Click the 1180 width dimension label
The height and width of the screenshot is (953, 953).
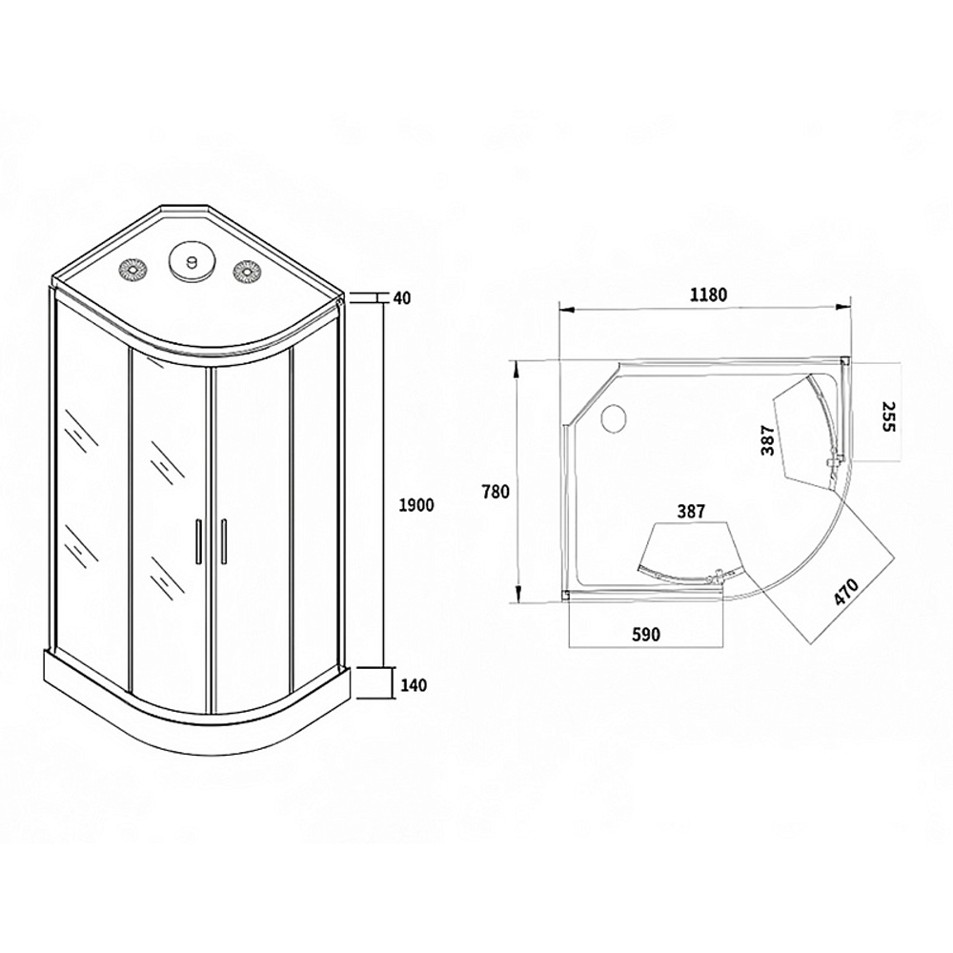(x=708, y=294)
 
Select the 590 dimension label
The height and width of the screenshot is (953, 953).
(x=645, y=635)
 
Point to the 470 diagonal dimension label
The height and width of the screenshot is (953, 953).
(x=845, y=592)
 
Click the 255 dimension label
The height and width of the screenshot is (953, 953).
(x=888, y=416)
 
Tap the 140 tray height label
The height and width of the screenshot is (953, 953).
(x=414, y=685)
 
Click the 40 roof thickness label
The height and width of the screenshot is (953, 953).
(x=402, y=297)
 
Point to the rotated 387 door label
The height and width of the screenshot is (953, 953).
(x=767, y=439)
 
